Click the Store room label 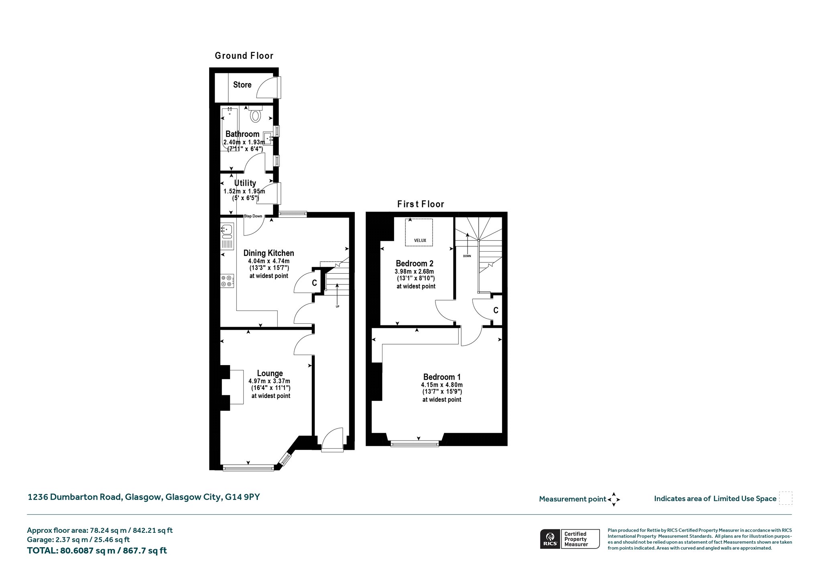(242, 85)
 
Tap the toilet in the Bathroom (255, 114)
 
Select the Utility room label (245, 183)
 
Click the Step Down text (253, 216)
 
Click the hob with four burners (227, 280)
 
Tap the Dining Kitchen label (269, 253)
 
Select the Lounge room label (270, 373)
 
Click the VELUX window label (420, 241)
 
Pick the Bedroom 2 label (415, 264)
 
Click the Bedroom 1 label (442, 377)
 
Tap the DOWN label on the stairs (467, 256)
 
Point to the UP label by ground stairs (338, 307)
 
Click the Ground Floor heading (244, 56)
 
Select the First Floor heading (421, 204)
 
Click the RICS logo (549, 539)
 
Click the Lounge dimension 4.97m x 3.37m (269, 381)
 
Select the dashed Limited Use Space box (785, 498)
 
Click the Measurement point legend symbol (614, 500)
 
